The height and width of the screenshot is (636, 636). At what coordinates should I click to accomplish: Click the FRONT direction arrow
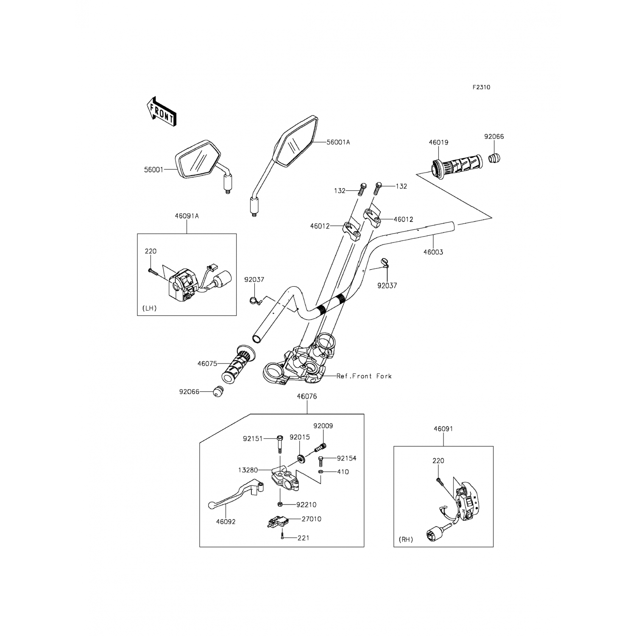161,112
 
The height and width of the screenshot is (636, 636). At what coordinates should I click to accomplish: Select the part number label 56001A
338,142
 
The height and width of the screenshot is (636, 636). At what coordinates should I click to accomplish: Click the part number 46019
438,142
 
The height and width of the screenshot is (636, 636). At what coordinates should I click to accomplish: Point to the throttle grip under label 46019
457,165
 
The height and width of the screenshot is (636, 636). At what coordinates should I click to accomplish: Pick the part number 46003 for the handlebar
433,252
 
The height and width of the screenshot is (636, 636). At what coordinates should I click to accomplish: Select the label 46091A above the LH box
187,216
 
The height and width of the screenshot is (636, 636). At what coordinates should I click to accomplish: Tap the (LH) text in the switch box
150,308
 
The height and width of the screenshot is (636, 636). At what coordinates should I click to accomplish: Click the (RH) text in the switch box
406,540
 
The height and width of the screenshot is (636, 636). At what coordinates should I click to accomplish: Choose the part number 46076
307,396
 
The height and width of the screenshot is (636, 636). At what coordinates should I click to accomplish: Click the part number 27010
312,519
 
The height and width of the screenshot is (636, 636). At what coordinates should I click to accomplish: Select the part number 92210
307,505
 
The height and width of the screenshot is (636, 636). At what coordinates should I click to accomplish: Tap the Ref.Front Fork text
364,376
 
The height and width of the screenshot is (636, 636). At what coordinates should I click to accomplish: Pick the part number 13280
248,470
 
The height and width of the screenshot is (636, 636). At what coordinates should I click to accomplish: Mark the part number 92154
347,458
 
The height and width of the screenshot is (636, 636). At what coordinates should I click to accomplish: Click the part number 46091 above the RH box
443,429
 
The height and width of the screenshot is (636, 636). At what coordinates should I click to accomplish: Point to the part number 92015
300,437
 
